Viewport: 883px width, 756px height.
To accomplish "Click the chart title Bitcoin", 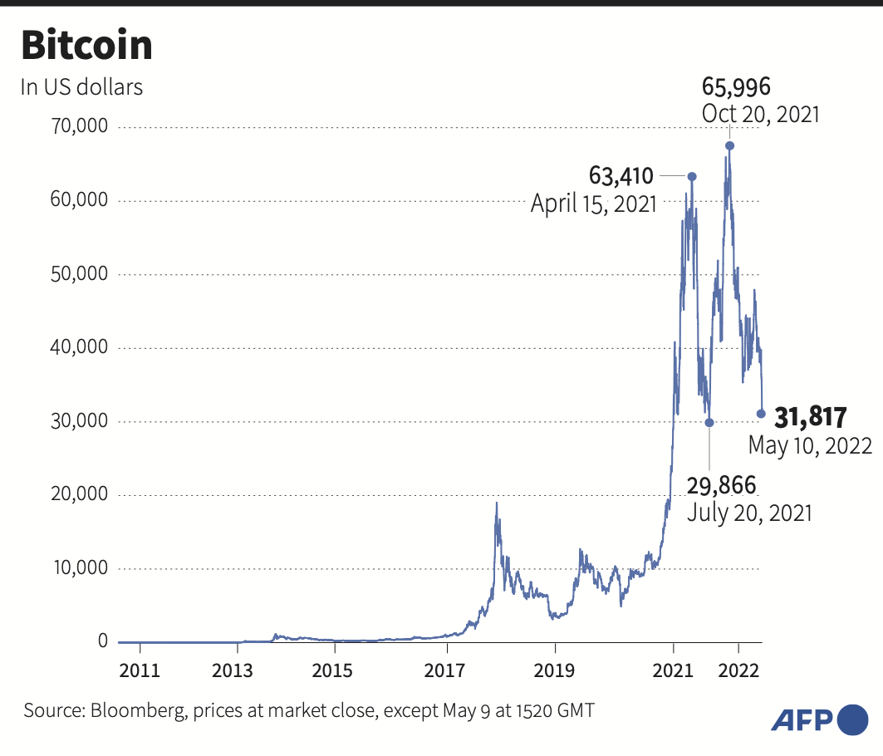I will (x=86, y=46).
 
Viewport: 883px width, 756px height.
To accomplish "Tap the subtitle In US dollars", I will (x=81, y=87).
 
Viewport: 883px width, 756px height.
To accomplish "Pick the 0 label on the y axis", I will (x=103, y=641).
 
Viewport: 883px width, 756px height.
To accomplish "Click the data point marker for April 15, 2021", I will (x=692, y=176).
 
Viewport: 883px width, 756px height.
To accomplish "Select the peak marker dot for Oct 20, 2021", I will (x=729, y=145).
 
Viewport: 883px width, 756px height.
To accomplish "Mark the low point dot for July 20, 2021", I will (x=709, y=422).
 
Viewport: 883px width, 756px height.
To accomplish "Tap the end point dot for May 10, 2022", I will (x=761, y=414).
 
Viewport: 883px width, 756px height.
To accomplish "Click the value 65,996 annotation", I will (x=736, y=86).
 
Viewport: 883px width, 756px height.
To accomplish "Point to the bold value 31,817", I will (x=810, y=415).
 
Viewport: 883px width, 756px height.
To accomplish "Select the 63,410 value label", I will (x=621, y=176).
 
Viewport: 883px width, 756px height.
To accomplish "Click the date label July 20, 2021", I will (x=749, y=513).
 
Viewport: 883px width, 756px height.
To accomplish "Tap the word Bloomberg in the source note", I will (x=133, y=711).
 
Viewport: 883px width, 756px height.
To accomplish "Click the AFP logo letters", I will (x=802, y=719).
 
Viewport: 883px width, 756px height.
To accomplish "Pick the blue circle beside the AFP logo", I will (x=853, y=719).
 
